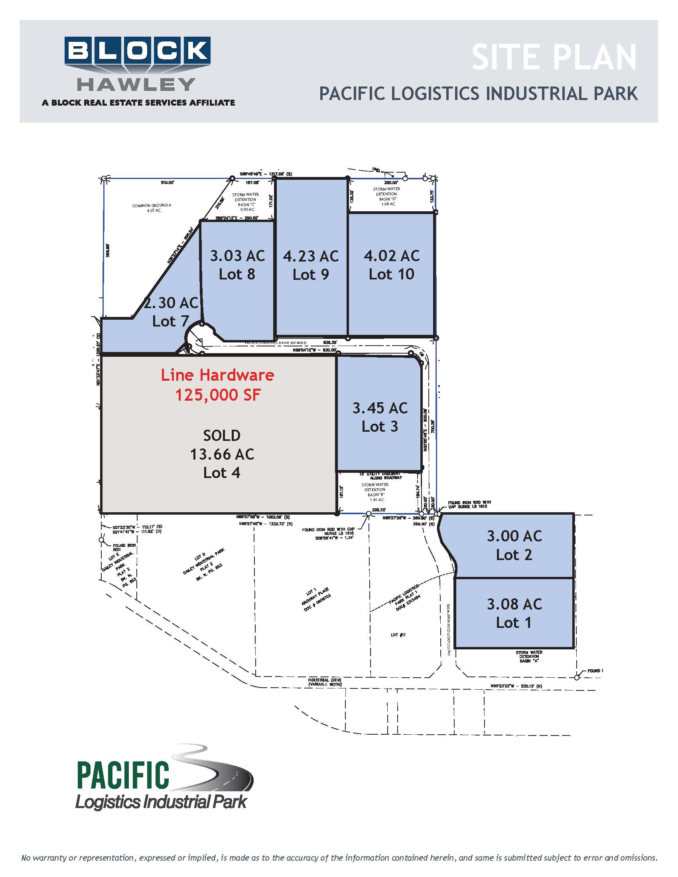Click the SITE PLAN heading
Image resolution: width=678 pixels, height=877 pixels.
554,58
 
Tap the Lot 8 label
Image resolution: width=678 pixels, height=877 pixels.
237,274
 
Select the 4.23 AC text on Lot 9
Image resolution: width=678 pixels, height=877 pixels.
310,256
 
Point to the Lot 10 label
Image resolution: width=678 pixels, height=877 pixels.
391,274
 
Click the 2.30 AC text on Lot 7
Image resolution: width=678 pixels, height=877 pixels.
171,303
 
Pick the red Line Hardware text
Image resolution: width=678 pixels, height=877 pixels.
217,375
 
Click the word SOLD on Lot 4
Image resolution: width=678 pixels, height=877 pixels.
222,435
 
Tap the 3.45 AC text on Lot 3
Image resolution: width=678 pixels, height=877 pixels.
380,408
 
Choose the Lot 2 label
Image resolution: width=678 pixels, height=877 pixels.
514,555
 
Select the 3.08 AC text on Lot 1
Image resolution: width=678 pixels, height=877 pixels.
514,604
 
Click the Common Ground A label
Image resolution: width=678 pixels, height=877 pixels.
152,208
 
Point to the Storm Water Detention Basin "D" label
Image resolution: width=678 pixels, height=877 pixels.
386,197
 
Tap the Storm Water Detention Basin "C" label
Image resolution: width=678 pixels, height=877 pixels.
245,202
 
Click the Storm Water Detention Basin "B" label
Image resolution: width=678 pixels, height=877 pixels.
375,492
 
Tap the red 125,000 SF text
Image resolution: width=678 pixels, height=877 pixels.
218,395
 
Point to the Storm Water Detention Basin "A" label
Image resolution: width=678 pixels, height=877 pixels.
528,657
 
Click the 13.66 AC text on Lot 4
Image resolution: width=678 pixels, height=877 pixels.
222,454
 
